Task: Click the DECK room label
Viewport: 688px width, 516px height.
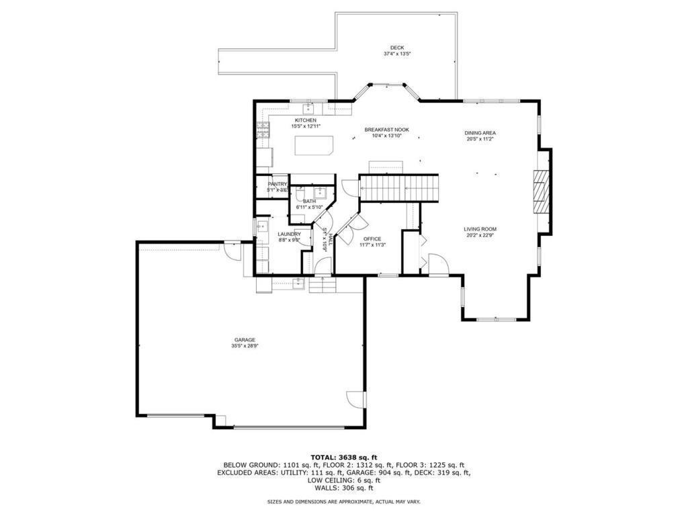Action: point(397,48)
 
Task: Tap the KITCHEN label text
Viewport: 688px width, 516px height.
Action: point(306,120)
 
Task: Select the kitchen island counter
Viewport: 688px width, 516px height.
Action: point(314,146)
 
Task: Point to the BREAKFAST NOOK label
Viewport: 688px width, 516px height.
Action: point(386,130)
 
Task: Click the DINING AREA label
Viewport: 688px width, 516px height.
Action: point(480,133)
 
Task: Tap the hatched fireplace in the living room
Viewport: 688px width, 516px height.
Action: point(541,191)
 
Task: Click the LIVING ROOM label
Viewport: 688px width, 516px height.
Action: point(480,229)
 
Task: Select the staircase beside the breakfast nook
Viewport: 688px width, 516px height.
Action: point(399,187)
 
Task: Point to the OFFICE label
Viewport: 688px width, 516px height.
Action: point(372,239)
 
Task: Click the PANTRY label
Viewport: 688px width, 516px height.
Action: point(277,184)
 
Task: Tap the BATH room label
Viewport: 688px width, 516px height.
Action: point(309,202)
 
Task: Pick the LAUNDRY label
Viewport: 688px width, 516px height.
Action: point(289,234)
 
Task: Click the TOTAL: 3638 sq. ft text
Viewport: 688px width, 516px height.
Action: point(343,457)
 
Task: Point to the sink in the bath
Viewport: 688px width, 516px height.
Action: point(319,191)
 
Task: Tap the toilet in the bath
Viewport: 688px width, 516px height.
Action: point(300,193)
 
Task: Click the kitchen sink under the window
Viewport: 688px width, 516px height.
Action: point(309,107)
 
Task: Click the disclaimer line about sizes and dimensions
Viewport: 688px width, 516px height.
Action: point(343,501)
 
